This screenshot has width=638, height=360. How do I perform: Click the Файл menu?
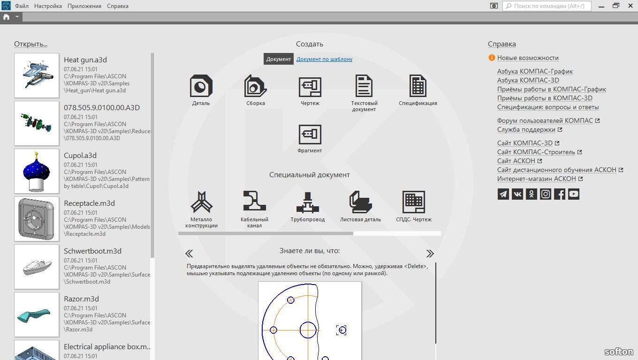[x=22, y=6]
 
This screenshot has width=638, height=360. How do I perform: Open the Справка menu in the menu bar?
[x=118, y=6]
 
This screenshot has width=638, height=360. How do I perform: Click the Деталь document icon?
[x=201, y=86]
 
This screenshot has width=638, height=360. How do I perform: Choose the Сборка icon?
[x=256, y=86]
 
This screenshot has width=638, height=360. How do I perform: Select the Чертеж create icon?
[x=310, y=87]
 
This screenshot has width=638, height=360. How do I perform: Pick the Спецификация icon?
[x=418, y=86]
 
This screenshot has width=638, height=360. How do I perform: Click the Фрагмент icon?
[x=310, y=135]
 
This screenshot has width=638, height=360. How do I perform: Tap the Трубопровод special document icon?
[x=308, y=202]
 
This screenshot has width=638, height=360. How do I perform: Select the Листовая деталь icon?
[x=361, y=202]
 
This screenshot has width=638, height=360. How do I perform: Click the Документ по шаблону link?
[x=325, y=59]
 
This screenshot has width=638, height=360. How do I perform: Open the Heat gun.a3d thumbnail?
[x=37, y=75]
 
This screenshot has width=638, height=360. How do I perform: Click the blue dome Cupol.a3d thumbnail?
[x=37, y=171]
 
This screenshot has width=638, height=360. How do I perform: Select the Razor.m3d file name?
[x=82, y=299]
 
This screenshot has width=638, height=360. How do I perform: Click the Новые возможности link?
[x=528, y=58]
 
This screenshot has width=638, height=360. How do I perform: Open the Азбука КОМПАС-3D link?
[x=528, y=80]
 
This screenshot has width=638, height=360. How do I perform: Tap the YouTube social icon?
[x=574, y=194]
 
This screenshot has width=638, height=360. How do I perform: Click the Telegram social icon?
[x=503, y=194]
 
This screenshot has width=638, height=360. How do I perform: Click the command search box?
[x=547, y=6]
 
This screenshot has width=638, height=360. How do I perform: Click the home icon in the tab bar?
[x=6, y=17]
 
